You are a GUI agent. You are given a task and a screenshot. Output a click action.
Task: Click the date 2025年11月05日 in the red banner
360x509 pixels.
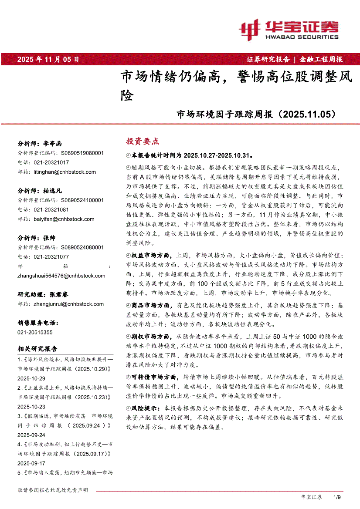48,59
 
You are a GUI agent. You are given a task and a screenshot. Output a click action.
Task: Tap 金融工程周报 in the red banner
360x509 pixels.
321,59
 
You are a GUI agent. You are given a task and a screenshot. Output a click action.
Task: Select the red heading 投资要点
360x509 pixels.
142,141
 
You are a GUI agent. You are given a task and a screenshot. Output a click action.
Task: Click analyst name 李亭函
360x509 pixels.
53,143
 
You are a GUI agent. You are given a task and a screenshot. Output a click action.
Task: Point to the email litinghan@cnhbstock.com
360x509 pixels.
65,172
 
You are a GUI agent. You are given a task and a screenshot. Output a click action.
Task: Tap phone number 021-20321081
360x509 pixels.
51,209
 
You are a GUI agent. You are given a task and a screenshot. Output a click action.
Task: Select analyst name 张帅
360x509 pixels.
49,238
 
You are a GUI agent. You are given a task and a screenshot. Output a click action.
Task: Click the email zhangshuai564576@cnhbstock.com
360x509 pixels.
61,276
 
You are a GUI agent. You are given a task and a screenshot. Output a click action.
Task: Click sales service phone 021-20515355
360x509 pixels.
35,332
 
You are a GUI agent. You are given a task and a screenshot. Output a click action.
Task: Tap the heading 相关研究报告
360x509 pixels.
37,349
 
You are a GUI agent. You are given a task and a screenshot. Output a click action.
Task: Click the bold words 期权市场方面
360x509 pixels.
152,336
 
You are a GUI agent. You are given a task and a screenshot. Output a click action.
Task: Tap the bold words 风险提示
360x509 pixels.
146,408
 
